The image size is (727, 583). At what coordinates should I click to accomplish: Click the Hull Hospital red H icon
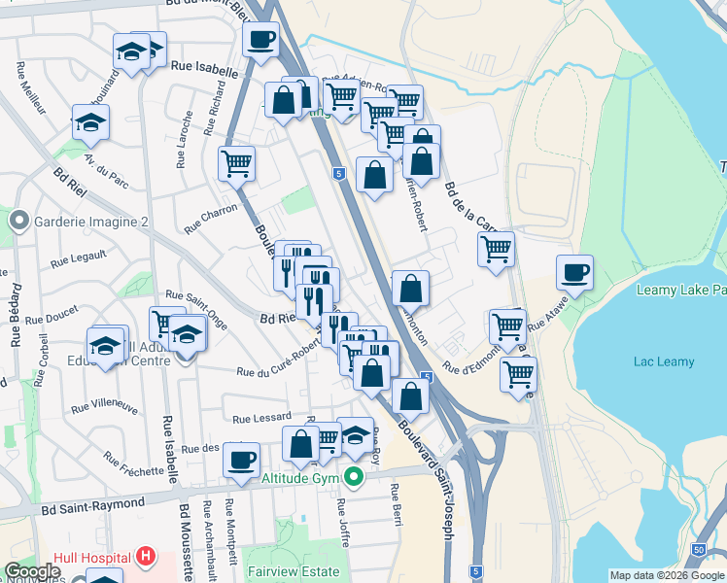146,557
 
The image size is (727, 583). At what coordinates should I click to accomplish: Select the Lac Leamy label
664,362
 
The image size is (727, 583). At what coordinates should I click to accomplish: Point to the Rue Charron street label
211,217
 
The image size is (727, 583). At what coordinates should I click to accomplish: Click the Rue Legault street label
78,258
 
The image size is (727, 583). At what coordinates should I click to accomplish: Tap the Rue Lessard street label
261,417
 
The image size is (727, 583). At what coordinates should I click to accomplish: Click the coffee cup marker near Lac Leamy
574,271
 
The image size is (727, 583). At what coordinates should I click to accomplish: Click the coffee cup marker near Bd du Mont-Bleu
260,41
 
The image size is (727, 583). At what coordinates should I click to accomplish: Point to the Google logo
32,571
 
